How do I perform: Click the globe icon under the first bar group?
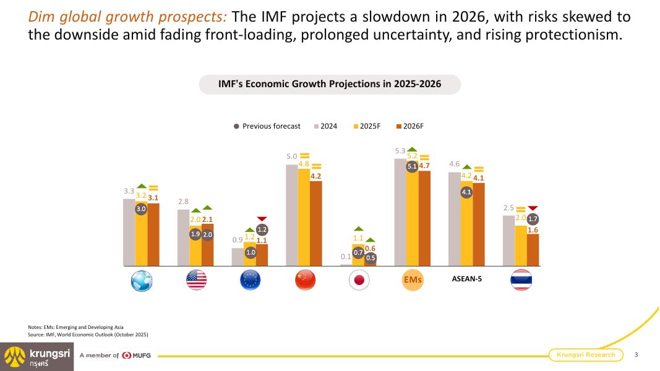(142, 280)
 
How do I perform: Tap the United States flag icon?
(196, 280)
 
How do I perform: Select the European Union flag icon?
(250, 280)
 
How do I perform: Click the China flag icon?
(305, 280)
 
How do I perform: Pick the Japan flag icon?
(359, 280)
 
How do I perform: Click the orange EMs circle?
(413, 279)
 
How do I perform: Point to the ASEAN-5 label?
(467, 279)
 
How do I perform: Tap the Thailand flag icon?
(521, 280)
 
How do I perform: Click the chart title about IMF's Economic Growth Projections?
(330, 84)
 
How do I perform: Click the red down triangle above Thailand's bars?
(533, 208)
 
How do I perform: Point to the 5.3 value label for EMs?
(400, 151)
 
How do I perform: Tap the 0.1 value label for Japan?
(346, 257)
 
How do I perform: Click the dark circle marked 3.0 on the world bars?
(141, 209)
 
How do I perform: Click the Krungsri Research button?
(586, 354)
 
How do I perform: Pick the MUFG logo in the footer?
(137, 356)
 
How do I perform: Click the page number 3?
(636, 354)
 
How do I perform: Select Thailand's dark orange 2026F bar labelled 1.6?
(533, 250)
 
